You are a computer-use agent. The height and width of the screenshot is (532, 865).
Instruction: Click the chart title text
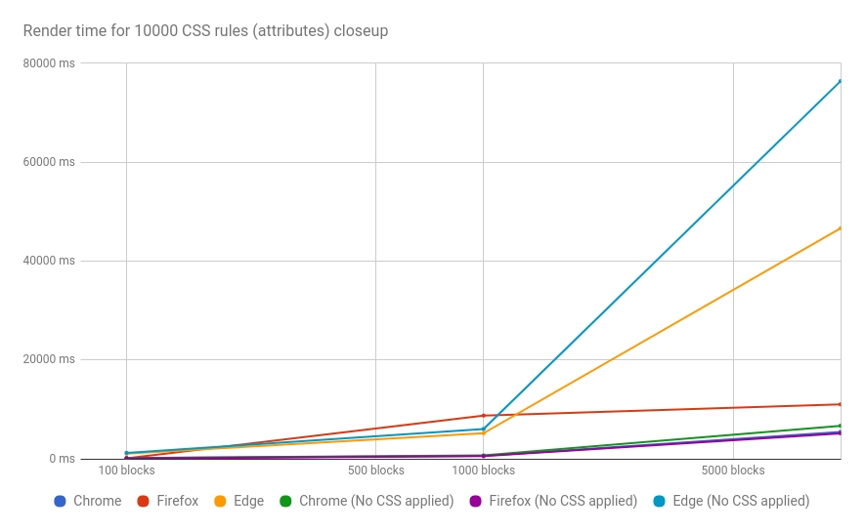pos(205,31)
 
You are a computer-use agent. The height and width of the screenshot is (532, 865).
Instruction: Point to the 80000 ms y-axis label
pos(48,63)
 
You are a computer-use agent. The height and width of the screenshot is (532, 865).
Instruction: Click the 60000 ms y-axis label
pos(48,162)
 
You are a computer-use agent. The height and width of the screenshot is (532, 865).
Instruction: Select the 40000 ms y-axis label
pos(48,261)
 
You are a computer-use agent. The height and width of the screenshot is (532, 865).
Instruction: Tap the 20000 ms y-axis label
pos(48,359)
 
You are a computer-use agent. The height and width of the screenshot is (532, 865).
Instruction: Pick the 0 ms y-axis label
pos(61,459)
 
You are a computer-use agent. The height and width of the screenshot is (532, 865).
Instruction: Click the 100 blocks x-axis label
pos(127,471)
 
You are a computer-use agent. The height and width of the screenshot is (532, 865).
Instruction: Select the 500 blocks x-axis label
pos(376,471)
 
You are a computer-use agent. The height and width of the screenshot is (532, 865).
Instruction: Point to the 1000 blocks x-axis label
pos(483,471)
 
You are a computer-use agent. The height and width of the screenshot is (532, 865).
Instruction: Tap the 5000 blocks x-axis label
pos(733,471)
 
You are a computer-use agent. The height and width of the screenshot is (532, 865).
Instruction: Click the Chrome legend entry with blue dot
pos(88,501)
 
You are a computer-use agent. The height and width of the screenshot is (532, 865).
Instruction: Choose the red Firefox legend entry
pos(168,501)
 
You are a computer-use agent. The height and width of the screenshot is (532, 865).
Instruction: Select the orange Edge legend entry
pos(239,501)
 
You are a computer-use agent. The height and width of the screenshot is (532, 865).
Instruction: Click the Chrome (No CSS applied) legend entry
pos(367,501)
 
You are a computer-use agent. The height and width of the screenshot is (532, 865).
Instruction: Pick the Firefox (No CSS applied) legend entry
pos(553,501)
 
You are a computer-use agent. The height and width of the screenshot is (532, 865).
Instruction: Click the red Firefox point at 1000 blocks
pos(483,416)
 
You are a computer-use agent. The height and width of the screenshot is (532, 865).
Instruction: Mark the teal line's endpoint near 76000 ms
pos(840,81)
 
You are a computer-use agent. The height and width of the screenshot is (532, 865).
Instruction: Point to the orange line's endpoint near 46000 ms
pos(840,228)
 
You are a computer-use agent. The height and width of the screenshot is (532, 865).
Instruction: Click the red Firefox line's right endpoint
pos(840,404)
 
